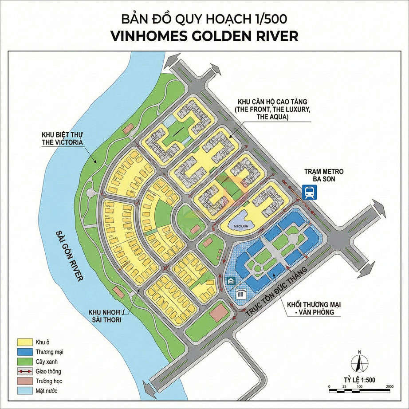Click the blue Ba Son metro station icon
[309, 193]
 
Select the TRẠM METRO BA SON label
[324, 175]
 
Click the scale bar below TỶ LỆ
[359, 387]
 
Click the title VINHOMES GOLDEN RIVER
[204, 36]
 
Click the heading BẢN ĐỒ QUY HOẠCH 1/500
[204, 19]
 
